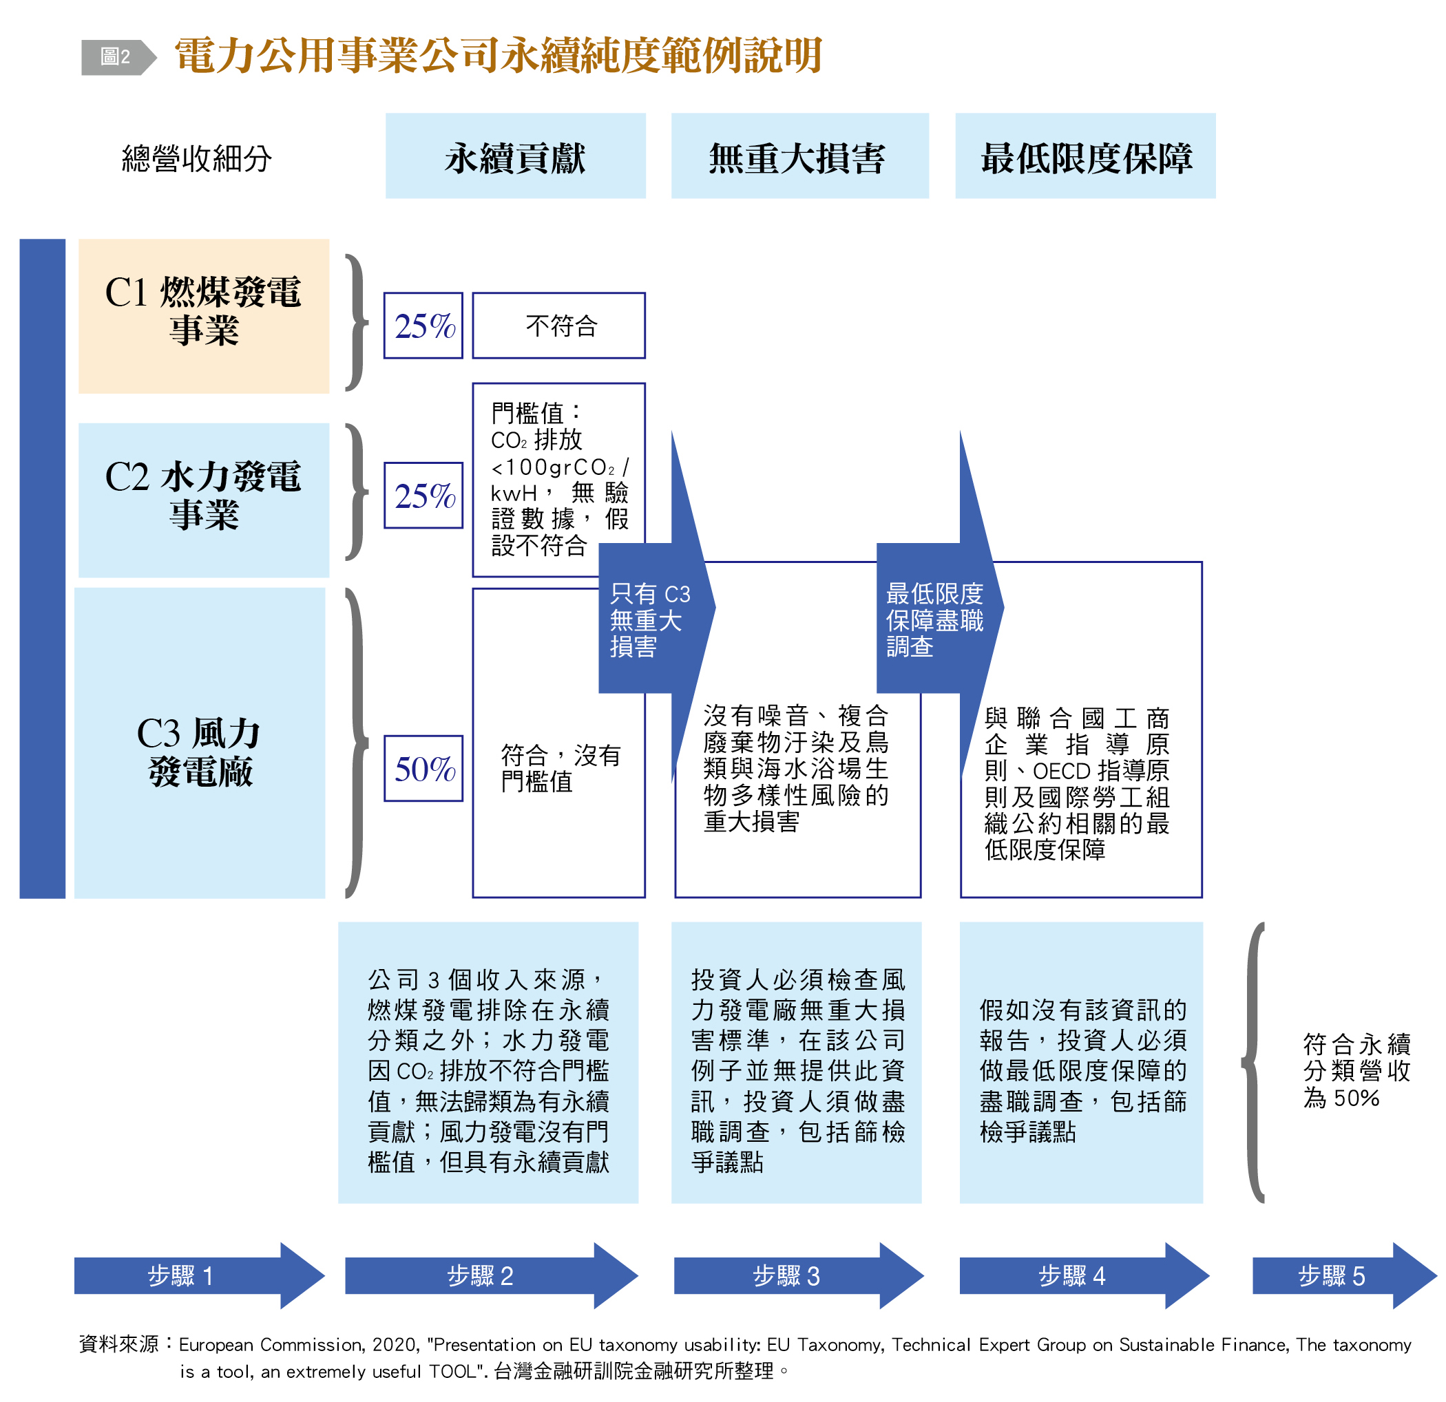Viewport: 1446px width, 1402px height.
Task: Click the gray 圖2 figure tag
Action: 116,57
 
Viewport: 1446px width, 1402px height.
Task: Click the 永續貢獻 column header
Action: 515,157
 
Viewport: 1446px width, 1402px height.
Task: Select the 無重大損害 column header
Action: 799,157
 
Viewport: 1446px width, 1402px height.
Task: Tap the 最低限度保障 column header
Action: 1084,157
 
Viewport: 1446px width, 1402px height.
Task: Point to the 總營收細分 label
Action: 196,158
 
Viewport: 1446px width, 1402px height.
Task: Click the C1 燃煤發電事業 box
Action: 204,315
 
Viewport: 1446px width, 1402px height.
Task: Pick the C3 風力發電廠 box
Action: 200,742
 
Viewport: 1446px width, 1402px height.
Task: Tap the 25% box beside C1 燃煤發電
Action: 423,326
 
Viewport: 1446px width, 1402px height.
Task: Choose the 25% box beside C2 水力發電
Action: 423,495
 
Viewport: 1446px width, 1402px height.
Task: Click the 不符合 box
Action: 558,326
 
